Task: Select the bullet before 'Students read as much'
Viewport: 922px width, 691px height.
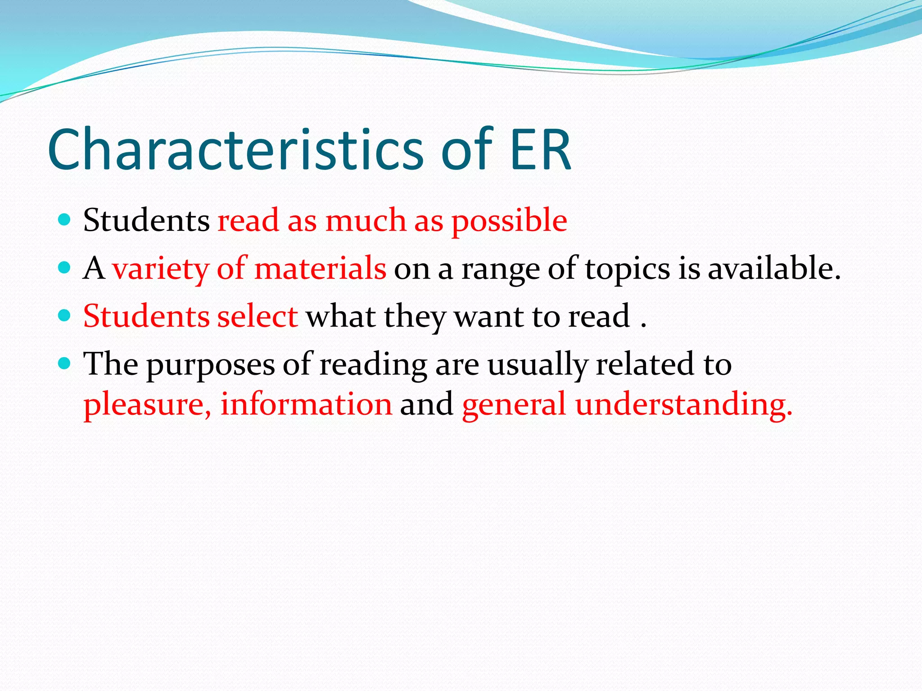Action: pyautogui.click(x=65, y=220)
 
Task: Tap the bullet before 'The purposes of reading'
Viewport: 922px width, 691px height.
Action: pyautogui.click(x=65, y=363)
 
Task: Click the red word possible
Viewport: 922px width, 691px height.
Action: pyautogui.click(x=509, y=221)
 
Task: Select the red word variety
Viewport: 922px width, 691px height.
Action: pyautogui.click(x=160, y=269)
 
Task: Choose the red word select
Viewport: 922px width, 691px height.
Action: pyautogui.click(x=257, y=316)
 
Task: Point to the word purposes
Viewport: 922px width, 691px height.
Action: pyautogui.click(x=211, y=365)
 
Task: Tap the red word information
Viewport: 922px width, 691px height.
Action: pyautogui.click(x=306, y=404)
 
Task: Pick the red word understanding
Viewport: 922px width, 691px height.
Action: pyautogui.click(x=683, y=404)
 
